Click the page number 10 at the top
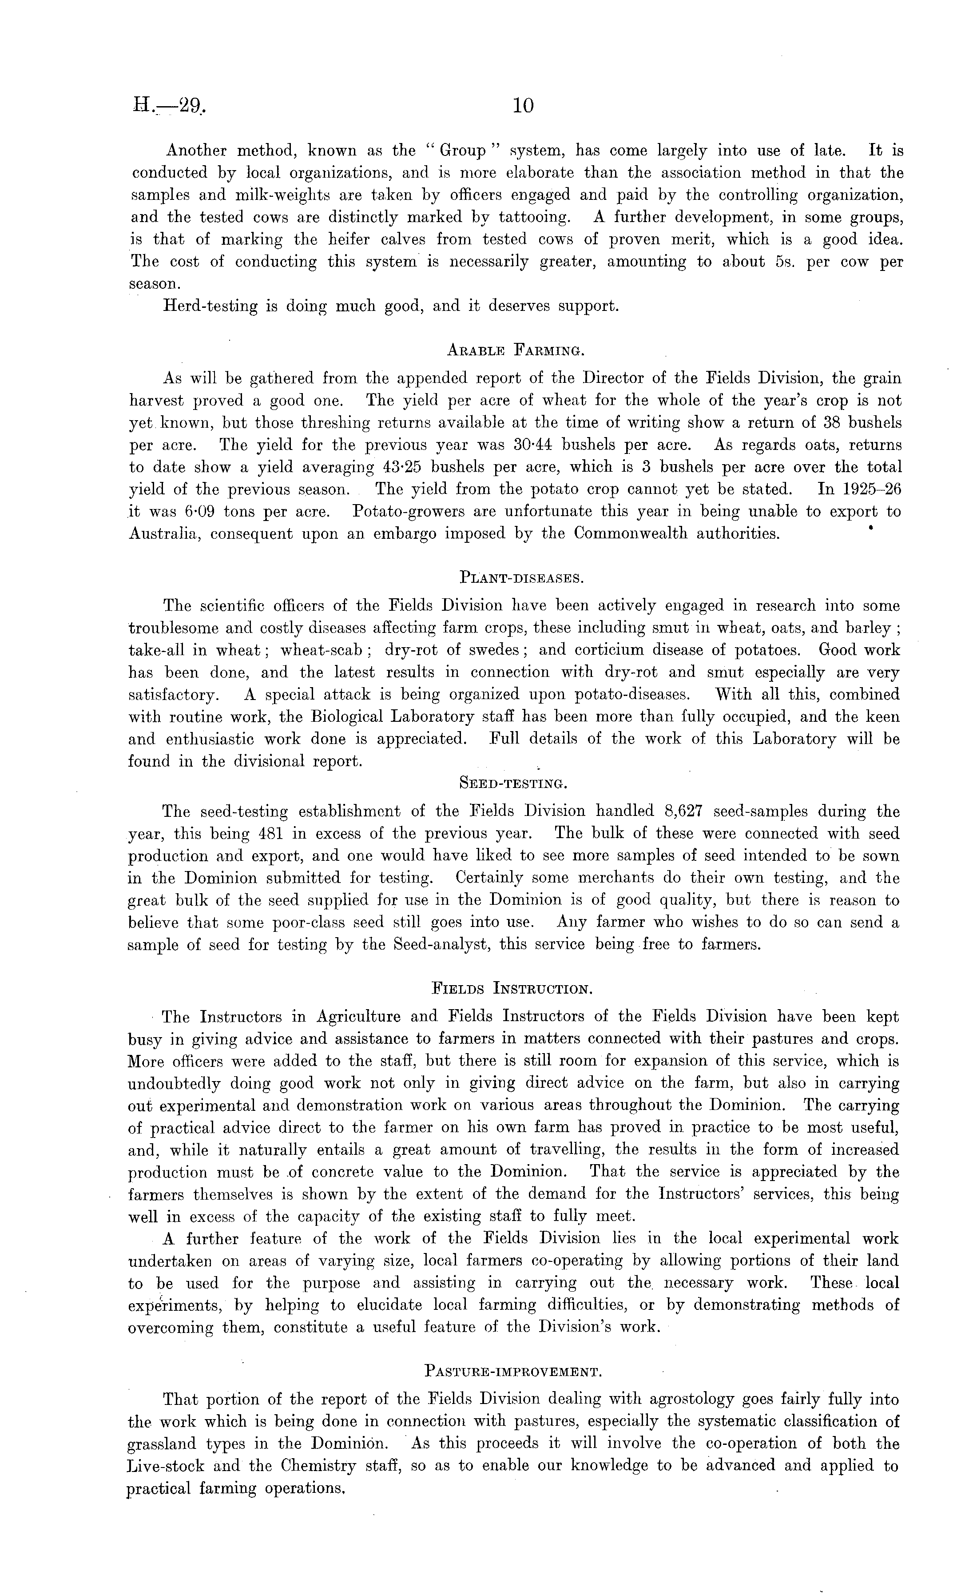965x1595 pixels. pos(523,106)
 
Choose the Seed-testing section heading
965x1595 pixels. pos(513,783)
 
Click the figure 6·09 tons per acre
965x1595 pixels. pos(198,511)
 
